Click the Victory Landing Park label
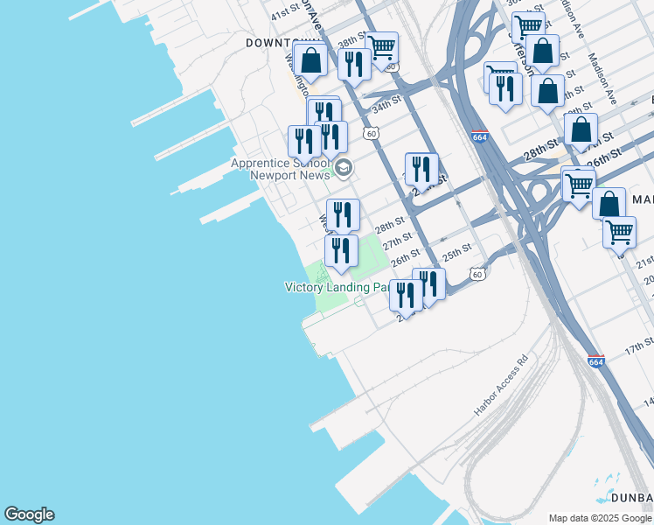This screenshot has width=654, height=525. tap(337, 287)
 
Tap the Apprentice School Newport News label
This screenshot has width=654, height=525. tap(279, 169)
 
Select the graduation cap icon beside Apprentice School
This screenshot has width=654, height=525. tap(344, 167)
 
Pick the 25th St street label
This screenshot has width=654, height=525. tap(456, 255)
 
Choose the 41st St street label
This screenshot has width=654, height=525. tap(285, 14)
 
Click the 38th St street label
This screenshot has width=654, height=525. tap(351, 40)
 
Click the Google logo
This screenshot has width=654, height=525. tap(29, 514)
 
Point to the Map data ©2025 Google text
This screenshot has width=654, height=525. tap(600, 518)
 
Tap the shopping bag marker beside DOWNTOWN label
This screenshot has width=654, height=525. tap(310, 60)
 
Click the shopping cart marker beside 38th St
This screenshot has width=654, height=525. tap(381, 47)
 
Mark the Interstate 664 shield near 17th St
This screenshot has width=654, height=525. tap(596, 361)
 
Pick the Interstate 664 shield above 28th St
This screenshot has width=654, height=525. tap(479, 136)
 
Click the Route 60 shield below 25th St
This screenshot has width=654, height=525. tap(477, 274)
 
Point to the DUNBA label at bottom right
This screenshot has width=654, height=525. tap(632, 498)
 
